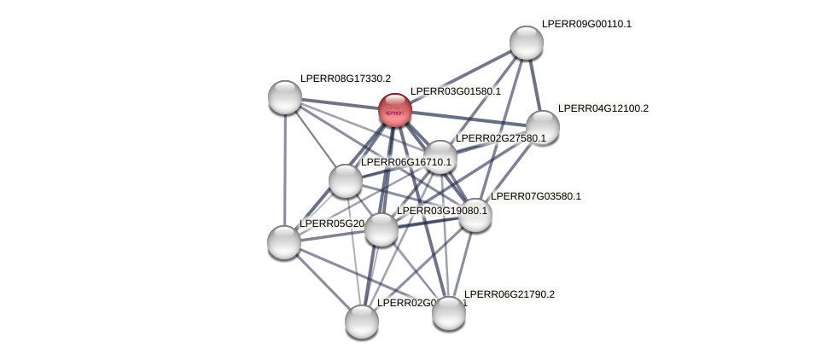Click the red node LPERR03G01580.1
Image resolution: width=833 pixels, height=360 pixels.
(x=394, y=110)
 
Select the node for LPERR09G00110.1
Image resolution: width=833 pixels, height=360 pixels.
(x=526, y=43)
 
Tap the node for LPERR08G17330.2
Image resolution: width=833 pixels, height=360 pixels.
(x=285, y=97)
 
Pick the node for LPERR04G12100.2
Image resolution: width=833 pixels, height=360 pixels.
(x=542, y=127)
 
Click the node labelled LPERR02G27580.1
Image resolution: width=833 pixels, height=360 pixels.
(x=440, y=157)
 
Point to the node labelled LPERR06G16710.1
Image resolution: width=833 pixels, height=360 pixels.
(x=345, y=181)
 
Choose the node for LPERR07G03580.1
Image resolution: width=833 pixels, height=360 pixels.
(x=475, y=215)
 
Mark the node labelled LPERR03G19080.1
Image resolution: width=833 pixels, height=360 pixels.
(x=381, y=229)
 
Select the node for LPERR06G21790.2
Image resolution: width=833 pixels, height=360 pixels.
(x=449, y=313)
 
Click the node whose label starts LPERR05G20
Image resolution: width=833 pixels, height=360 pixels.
(x=284, y=242)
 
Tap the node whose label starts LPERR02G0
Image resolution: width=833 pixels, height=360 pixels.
(x=362, y=322)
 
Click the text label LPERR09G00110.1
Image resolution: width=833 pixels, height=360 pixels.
(x=586, y=24)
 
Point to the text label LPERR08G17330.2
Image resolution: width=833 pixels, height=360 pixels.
(x=345, y=78)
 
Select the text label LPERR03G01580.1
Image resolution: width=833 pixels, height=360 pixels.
(x=455, y=91)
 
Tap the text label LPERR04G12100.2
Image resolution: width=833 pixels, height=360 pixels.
(x=603, y=108)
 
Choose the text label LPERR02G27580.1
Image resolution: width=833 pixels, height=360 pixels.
(x=500, y=138)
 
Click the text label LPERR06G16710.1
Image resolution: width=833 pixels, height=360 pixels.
(x=405, y=162)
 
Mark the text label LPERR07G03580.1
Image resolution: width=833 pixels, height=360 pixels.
(x=535, y=196)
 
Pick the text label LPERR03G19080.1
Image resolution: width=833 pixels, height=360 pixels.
(x=441, y=211)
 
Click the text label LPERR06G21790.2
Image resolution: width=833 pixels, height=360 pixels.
(x=509, y=294)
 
